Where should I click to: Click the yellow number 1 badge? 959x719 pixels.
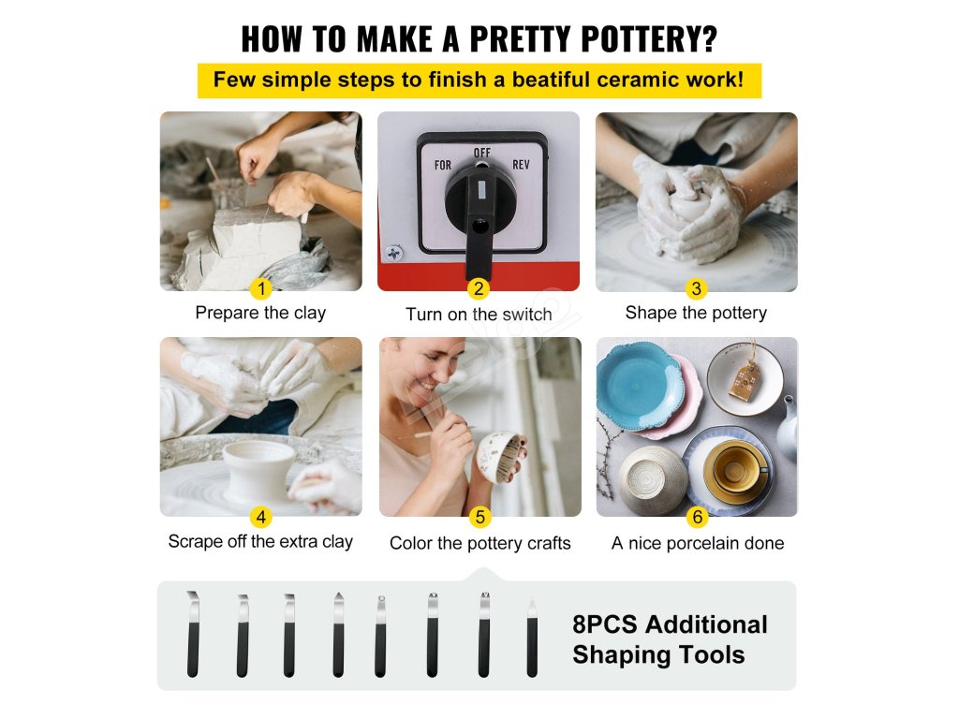(262, 288)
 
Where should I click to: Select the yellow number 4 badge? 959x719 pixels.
(261, 517)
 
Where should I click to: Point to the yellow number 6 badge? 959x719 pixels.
(697, 517)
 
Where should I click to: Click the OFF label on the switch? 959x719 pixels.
(482, 153)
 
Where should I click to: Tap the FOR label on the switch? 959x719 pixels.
(443, 165)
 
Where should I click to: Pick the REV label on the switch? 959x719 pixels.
(521, 165)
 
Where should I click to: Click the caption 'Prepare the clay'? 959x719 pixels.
(260, 313)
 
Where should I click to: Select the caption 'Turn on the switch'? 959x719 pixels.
(479, 315)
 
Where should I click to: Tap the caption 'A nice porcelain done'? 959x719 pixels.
(698, 543)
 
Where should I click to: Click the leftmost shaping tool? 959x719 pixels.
(193, 635)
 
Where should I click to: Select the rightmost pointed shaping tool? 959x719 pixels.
(532, 638)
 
